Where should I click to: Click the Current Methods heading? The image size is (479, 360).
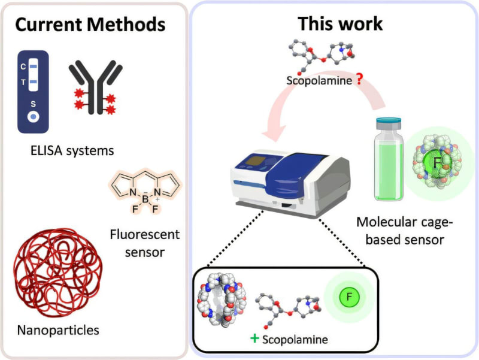tap(90, 25)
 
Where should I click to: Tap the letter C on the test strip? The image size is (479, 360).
tap(23, 66)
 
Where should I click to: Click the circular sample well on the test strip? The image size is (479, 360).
tap(34, 116)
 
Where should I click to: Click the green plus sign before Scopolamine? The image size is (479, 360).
tap(254, 338)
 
